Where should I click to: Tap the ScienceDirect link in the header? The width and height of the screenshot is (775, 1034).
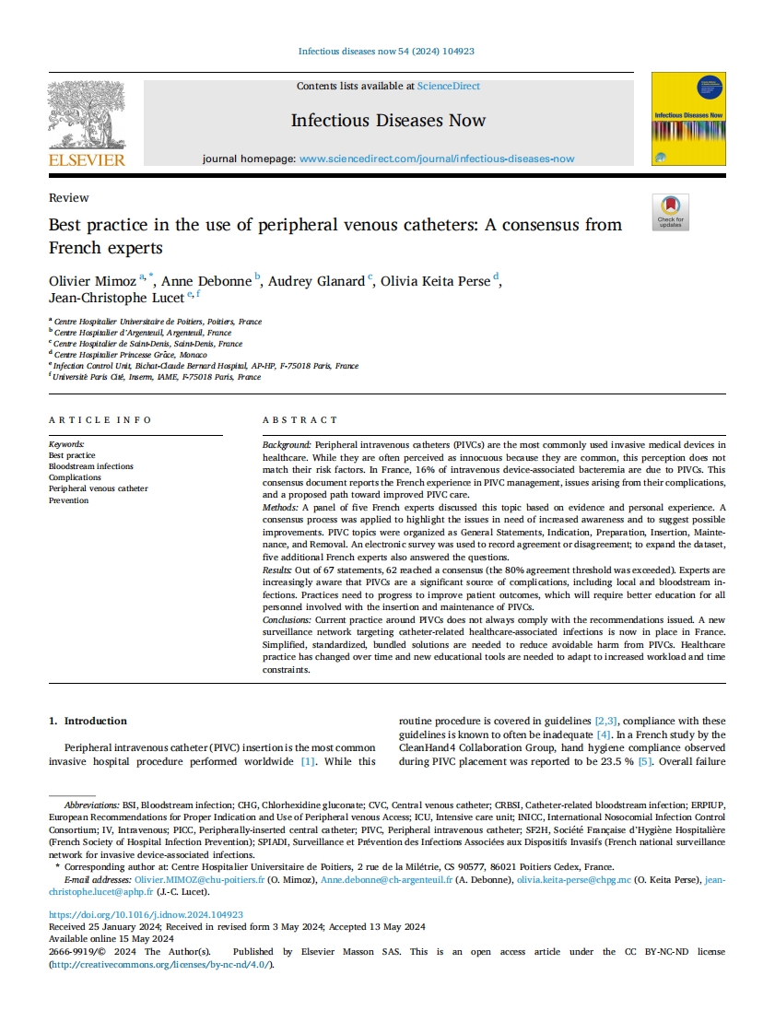pyautogui.click(x=448, y=87)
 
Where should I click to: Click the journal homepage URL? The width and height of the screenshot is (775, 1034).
pyautogui.click(x=437, y=159)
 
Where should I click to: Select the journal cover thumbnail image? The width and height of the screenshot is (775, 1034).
pyautogui.click(x=687, y=119)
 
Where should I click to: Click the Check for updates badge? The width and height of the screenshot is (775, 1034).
pyautogui.click(x=670, y=212)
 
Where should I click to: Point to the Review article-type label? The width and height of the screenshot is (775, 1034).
pyautogui.click(x=69, y=198)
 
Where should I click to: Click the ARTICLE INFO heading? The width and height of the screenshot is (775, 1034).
pyautogui.click(x=100, y=420)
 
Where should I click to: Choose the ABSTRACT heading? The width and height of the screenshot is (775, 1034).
pyautogui.click(x=299, y=420)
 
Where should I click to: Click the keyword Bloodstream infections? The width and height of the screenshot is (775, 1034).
pyautogui.click(x=90, y=467)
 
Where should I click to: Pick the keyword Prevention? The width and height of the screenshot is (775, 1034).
pyautogui.click(x=68, y=500)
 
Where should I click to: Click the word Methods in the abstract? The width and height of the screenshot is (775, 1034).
pyautogui.click(x=279, y=508)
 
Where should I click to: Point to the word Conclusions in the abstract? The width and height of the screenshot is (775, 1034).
pyautogui.click(x=287, y=620)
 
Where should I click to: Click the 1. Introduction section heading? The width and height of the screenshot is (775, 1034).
pyautogui.click(x=88, y=721)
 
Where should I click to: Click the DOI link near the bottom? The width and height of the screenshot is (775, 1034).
pyautogui.click(x=146, y=915)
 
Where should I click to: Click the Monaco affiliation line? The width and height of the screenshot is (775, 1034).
pyautogui.click(x=130, y=355)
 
